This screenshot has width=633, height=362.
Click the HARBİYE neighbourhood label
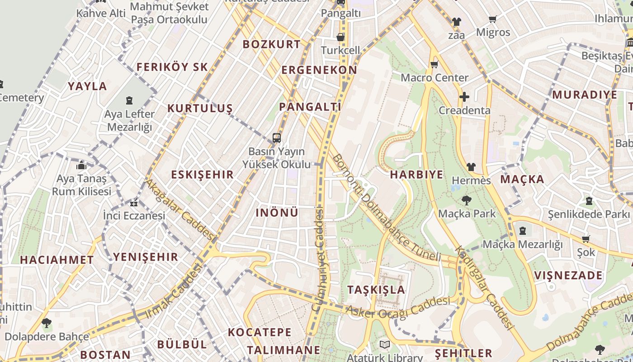(x=416, y=175)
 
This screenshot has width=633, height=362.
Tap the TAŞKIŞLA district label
(x=376, y=290)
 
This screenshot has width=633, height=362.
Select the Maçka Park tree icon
(x=467, y=200)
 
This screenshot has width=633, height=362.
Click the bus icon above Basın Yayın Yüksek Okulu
(x=276, y=138)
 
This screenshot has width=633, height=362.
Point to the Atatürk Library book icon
(x=384, y=345)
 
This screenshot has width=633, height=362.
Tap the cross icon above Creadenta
(x=464, y=97)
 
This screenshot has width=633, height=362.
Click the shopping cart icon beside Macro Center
(x=435, y=64)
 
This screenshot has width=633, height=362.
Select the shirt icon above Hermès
(x=471, y=167)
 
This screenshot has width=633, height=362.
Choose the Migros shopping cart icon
(x=492, y=19)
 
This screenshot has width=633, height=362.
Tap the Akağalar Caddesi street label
(x=179, y=209)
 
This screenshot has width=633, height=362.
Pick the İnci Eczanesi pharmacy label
(x=134, y=215)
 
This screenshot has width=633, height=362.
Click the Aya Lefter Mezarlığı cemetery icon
(x=130, y=100)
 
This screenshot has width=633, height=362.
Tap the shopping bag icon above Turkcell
(x=340, y=37)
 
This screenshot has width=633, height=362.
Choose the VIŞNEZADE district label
(x=568, y=276)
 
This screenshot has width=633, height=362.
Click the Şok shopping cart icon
(x=586, y=239)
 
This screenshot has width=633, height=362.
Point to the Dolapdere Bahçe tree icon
(x=46, y=323)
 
